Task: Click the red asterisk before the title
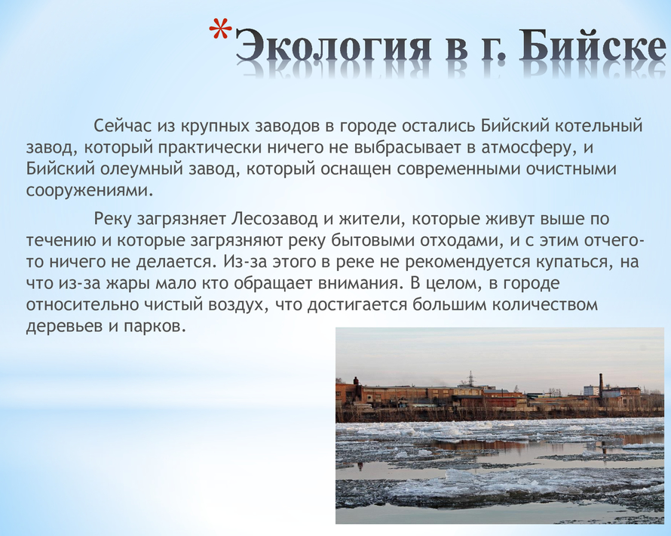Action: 220,32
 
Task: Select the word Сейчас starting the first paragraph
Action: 122,126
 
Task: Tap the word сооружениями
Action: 90,190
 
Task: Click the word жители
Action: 372,219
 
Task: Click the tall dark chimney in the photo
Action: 601,386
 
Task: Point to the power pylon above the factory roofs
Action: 470,377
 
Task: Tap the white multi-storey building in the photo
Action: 591,390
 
